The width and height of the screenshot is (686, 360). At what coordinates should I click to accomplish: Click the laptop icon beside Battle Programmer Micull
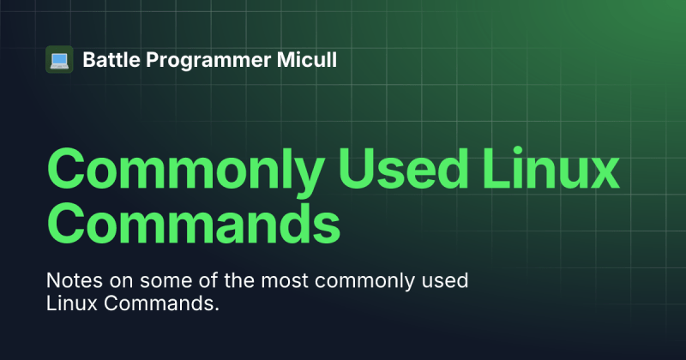[58, 60]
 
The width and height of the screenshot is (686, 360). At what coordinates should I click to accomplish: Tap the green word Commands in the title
[192, 225]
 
